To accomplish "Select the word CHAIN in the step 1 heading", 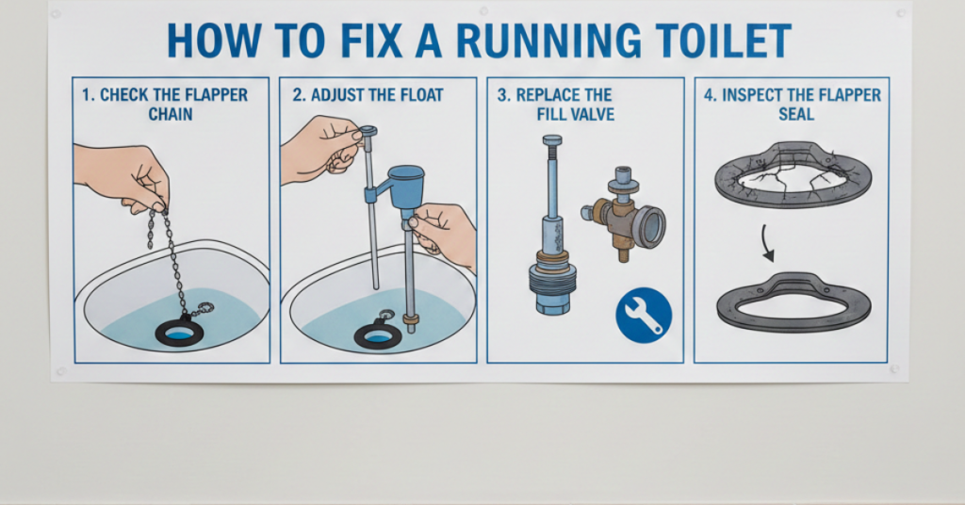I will point(171,114).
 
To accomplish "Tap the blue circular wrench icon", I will point(643,315).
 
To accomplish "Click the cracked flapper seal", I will point(792,174).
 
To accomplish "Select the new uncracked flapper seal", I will point(793,301).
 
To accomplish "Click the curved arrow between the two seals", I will point(768,247).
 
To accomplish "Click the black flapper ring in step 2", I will point(378,334).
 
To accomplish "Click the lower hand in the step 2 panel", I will point(445,232).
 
